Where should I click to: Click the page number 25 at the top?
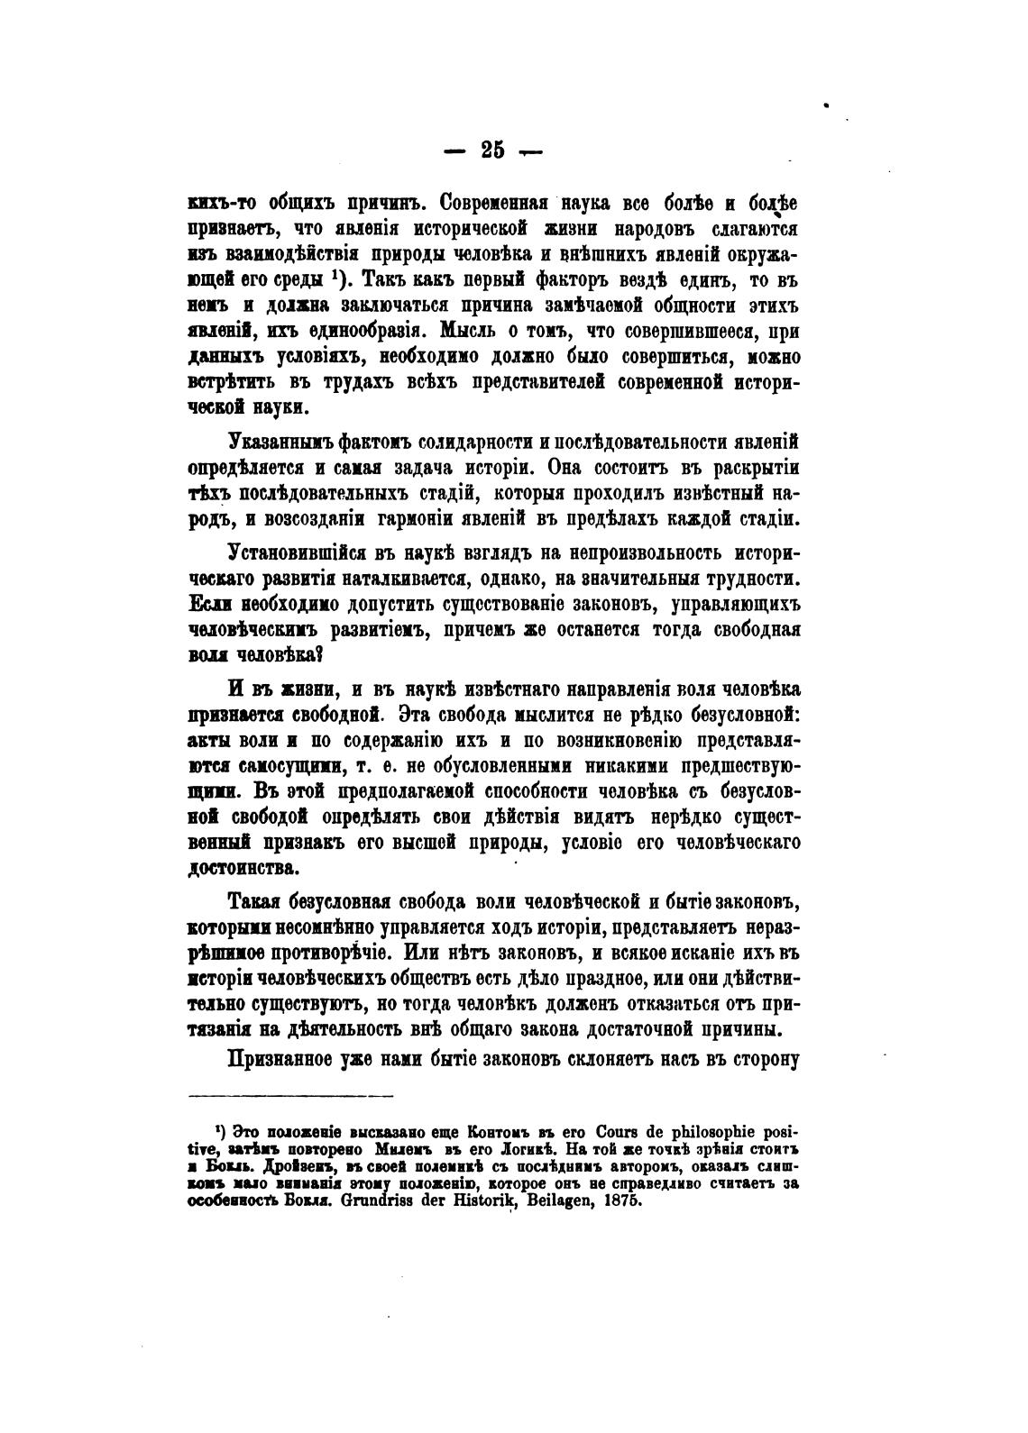click(x=493, y=151)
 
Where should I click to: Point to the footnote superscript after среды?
click(x=334, y=274)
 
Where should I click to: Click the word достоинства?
click(x=240, y=869)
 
